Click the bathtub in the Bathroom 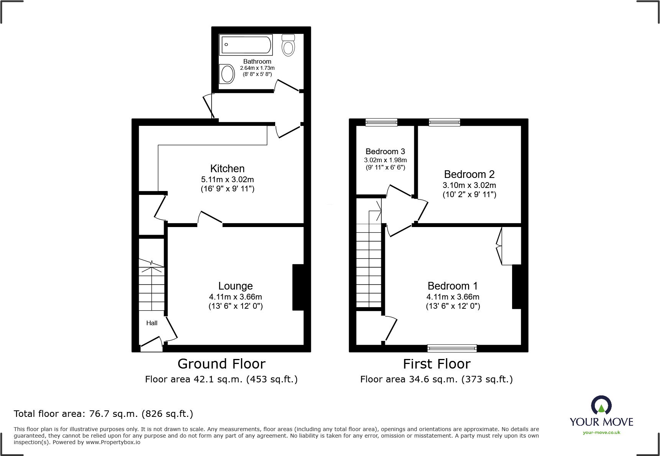coord(246,45)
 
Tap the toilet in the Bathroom coord(288,45)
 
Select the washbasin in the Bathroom coord(227,74)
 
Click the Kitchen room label coord(227,169)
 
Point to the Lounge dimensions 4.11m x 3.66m coord(235,297)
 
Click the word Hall coord(152,323)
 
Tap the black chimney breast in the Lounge coord(298,287)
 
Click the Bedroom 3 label coord(385,151)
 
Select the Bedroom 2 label coord(469,174)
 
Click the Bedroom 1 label coord(453,286)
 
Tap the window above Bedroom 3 coord(381,122)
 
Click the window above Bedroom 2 coord(444,122)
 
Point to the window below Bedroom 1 coord(452,348)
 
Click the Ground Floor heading coord(222,364)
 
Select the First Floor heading coord(437,364)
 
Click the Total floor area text coord(103,414)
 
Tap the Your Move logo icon coord(601,406)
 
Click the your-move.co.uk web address coord(601,433)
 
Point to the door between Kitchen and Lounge coord(210,219)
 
